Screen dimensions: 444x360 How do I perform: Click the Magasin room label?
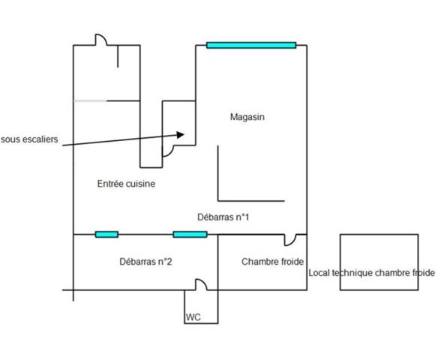247,117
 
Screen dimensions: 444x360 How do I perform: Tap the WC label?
193,317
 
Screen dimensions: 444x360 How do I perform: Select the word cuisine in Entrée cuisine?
140,184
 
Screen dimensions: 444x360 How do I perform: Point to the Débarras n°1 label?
223,217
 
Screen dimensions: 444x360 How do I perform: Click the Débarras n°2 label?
145,262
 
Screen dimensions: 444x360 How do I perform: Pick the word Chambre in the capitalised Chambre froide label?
256,262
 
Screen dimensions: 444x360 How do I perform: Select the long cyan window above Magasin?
251,45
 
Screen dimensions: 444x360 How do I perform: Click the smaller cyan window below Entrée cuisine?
106,234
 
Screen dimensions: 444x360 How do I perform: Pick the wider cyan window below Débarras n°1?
190,234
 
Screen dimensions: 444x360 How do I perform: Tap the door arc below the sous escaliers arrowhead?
169,153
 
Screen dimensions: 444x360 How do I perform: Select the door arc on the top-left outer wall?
102,37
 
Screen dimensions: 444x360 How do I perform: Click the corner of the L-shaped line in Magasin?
218,201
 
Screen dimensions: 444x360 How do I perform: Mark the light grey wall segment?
90,100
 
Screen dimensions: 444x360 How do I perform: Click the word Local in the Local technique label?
319,273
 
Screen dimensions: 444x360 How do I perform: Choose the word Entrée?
110,184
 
